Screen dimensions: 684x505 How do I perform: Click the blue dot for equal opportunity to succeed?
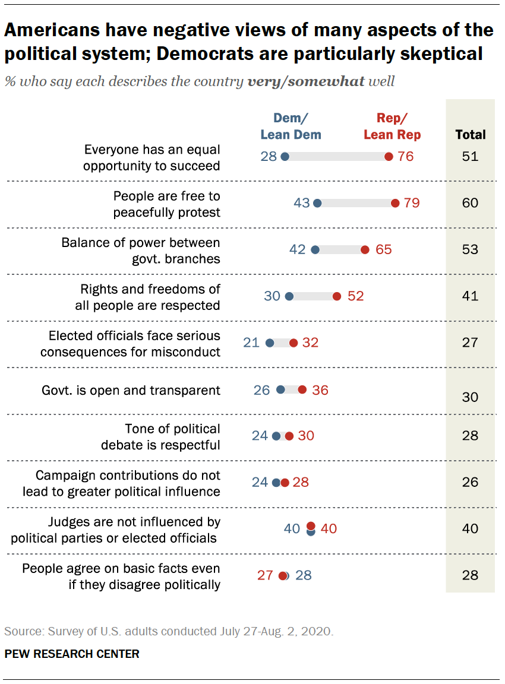click(x=285, y=157)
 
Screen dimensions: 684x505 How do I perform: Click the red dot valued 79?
click(x=395, y=203)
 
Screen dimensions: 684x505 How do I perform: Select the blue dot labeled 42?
click(x=315, y=249)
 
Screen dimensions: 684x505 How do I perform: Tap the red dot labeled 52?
click(x=337, y=296)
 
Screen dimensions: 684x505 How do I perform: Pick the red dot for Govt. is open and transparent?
click(x=302, y=389)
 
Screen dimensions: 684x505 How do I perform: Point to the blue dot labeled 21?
click(x=270, y=343)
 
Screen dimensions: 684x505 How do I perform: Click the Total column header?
click(x=470, y=134)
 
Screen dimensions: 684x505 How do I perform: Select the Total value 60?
click(x=470, y=203)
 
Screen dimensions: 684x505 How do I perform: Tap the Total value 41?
click(x=470, y=296)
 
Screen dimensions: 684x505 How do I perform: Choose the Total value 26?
click(x=470, y=482)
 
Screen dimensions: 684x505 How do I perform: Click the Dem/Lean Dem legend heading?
click(x=291, y=126)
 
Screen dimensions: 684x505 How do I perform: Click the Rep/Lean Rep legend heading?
click(x=392, y=126)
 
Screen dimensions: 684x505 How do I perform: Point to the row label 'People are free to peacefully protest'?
click(x=167, y=204)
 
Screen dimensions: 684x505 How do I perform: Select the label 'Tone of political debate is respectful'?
click(x=172, y=436)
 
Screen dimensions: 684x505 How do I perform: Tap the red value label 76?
click(x=406, y=157)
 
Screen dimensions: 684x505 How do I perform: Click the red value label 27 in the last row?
click(x=265, y=575)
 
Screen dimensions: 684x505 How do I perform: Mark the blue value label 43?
click(x=302, y=203)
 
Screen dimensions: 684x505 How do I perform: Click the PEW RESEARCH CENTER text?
click(x=72, y=654)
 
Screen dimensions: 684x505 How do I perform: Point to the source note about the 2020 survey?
click(x=169, y=631)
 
